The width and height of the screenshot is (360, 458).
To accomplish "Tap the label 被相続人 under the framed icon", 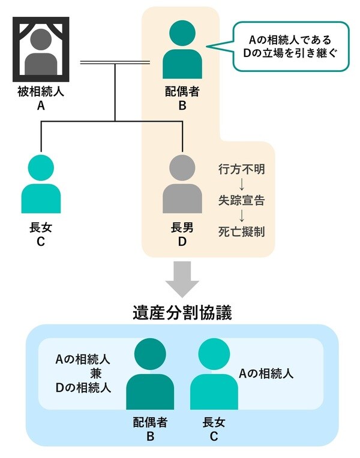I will coord(41,93).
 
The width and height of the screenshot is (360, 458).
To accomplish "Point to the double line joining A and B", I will coord(114,62).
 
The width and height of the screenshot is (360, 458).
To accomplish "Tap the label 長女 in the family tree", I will coord(41,228).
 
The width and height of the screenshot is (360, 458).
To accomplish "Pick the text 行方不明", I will coord(241,169).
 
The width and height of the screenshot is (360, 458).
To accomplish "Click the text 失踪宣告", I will coord(241,200).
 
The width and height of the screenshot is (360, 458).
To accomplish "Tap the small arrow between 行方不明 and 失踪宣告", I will coord(241,185).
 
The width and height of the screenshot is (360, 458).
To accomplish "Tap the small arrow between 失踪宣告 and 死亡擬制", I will coord(241,216).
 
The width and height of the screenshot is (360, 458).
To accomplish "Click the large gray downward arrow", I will coord(182,279).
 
